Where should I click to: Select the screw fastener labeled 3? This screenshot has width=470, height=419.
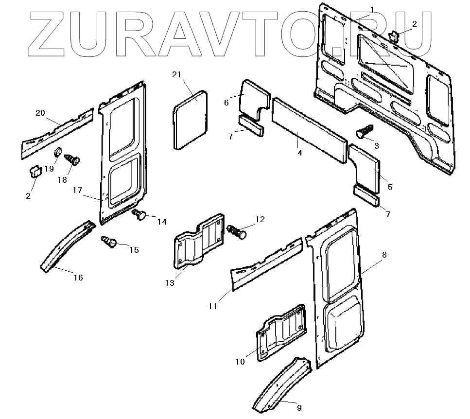pos(366,130)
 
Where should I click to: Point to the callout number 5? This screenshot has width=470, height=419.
pos(390,187)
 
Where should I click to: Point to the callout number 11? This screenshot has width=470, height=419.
pos(213,306)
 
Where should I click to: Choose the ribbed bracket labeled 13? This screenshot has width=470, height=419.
pos(198,243)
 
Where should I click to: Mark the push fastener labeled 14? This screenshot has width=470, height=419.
pos(140,215)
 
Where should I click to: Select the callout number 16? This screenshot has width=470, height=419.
pos(78,278)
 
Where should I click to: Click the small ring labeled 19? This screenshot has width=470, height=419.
pos(57,153)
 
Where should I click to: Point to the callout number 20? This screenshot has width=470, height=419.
pos(40,113)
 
